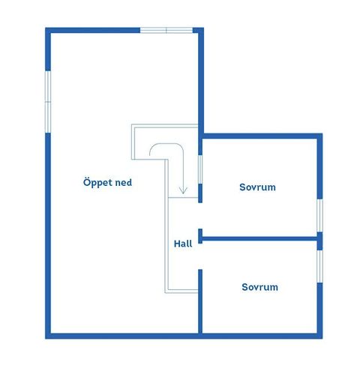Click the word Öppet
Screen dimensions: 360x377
point(97,183)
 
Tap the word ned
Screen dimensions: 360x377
point(123,182)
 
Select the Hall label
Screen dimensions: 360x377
point(183,244)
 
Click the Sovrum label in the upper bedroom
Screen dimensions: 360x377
point(257,187)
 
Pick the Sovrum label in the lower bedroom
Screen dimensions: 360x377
point(259,287)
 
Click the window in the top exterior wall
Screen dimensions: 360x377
point(166,31)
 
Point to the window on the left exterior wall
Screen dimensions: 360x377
point(48,102)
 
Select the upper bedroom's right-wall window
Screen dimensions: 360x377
point(319,216)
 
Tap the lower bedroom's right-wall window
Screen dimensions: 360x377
point(319,267)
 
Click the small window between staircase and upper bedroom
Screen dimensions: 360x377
point(200,169)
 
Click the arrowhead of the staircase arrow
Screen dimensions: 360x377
point(183,191)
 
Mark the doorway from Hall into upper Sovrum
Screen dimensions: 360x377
point(200,216)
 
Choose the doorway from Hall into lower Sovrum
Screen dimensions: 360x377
point(200,256)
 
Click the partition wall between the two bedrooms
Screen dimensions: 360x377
point(259,239)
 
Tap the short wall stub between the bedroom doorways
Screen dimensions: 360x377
point(200,236)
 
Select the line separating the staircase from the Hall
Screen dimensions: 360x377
point(183,198)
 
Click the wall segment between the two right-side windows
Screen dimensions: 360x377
point(319,241)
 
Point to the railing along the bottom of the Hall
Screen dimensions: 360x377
point(181,291)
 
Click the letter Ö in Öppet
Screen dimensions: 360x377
point(86,182)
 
